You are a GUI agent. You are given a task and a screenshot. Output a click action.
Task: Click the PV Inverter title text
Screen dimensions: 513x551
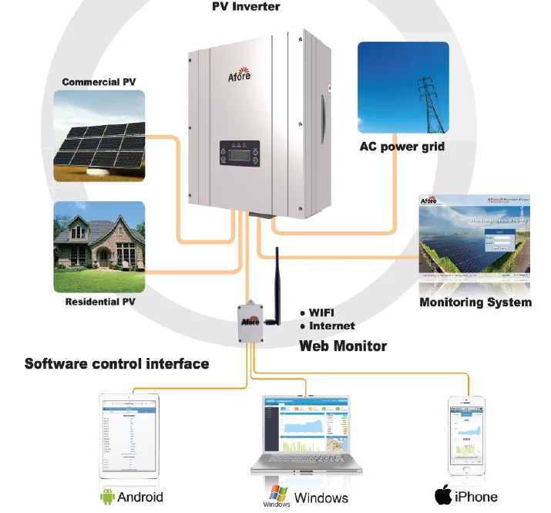[246, 7]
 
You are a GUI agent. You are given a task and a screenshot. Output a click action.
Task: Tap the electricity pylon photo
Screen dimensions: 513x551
[403, 88]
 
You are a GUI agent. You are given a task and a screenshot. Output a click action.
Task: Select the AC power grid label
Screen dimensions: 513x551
[402, 147]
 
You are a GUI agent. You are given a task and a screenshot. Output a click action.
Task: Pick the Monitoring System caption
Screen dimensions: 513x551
[475, 302]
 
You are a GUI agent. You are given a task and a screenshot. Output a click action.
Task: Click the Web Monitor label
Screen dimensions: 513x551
[343, 346]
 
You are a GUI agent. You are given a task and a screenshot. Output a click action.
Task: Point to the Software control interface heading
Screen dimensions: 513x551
[117, 363]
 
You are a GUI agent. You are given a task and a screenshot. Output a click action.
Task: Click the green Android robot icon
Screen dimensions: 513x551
[107, 496]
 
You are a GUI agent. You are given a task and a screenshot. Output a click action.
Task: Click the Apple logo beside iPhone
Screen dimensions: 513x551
[442, 495]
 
